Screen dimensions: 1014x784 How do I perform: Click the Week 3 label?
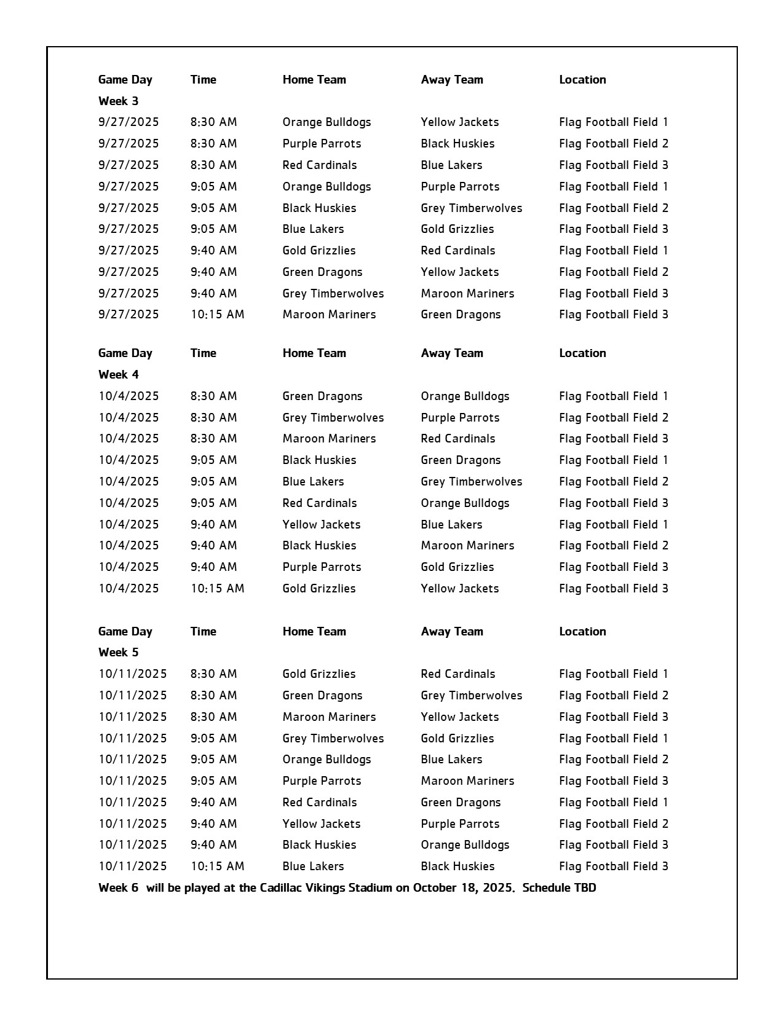(x=118, y=101)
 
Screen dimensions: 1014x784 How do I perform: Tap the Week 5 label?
(x=118, y=652)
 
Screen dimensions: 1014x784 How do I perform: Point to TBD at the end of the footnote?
(x=584, y=887)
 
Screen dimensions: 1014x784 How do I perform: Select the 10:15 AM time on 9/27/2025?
(x=217, y=315)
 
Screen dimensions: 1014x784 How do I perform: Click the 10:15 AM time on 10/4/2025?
(x=217, y=588)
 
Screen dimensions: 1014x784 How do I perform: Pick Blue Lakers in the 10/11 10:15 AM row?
(x=313, y=866)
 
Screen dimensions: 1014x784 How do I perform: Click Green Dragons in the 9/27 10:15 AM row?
(x=461, y=315)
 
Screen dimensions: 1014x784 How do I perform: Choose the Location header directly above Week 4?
(x=582, y=353)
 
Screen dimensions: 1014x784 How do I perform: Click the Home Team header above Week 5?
(x=314, y=631)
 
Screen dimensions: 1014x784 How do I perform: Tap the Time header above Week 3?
(x=203, y=79)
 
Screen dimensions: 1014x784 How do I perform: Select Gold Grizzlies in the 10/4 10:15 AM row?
(x=319, y=588)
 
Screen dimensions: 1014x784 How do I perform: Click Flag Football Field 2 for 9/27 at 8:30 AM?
(x=613, y=143)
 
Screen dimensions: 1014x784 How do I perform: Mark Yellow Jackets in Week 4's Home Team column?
(x=322, y=524)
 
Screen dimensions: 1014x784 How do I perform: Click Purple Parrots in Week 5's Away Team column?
(x=460, y=823)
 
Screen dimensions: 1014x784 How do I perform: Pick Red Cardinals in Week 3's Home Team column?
(x=320, y=165)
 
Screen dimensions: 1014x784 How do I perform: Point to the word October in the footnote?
(x=434, y=887)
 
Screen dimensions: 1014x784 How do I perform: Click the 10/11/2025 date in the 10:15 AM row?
(x=133, y=866)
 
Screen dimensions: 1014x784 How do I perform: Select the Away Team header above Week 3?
(x=452, y=79)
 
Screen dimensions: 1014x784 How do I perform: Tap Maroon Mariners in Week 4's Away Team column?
(x=467, y=545)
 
